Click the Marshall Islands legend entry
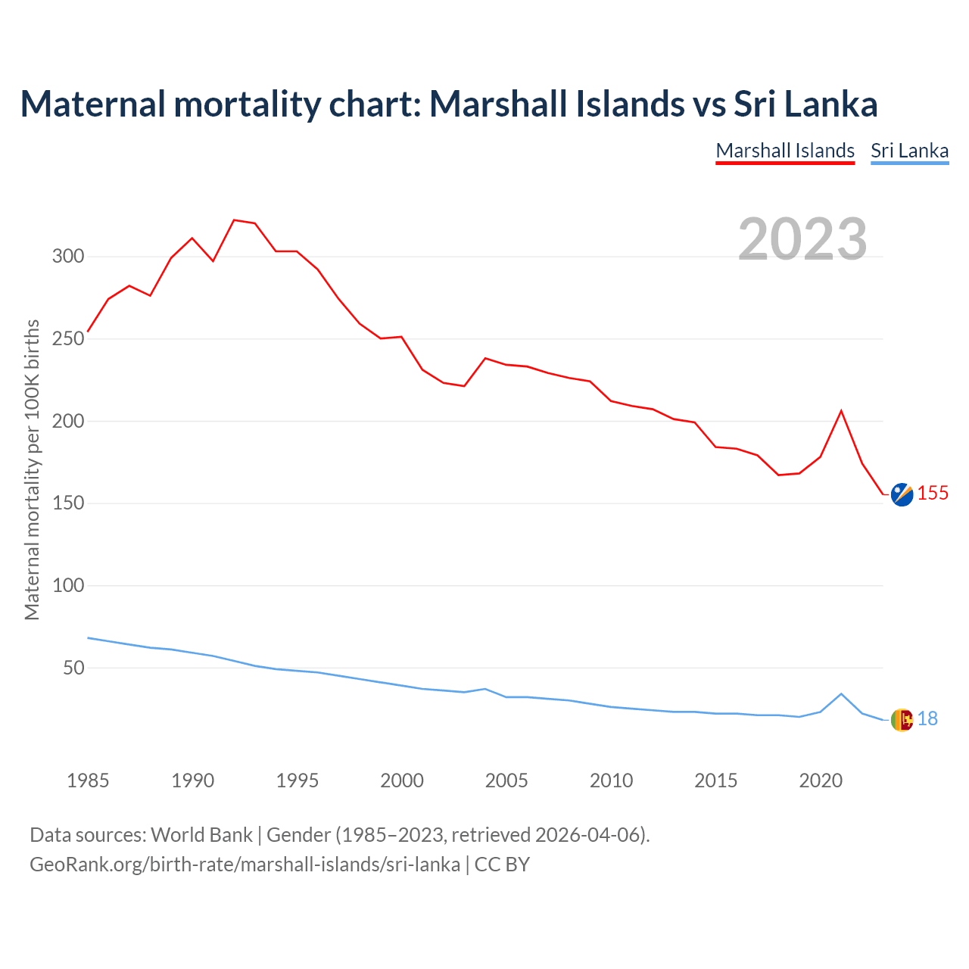pyautogui.click(x=785, y=151)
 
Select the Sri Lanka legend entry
pyautogui.click(x=909, y=151)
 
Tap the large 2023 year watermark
pyautogui.click(x=802, y=239)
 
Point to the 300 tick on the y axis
pyautogui.click(x=68, y=257)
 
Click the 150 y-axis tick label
pyautogui.click(x=68, y=503)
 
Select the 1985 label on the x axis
pyautogui.click(x=88, y=780)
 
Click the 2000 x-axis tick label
pyautogui.click(x=402, y=780)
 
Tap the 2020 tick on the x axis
pyautogui.click(x=821, y=780)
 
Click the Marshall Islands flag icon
pyautogui.click(x=902, y=494)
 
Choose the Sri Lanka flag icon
pyautogui.click(x=902, y=720)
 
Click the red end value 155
pyautogui.click(x=933, y=494)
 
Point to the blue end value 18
pyautogui.click(x=927, y=719)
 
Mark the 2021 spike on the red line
pyautogui.click(x=841, y=411)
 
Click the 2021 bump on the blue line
pyautogui.click(x=841, y=693)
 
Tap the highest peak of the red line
pyautogui.click(x=234, y=220)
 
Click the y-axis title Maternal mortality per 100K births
pyautogui.click(x=32, y=469)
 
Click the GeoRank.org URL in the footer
pyautogui.click(x=245, y=865)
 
